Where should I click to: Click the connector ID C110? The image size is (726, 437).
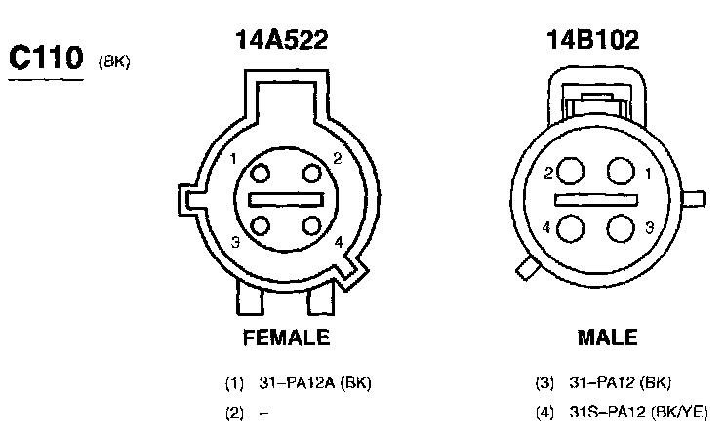click(46, 58)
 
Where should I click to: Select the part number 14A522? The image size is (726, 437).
click(281, 39)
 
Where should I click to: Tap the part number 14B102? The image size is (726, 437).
click(593, 39)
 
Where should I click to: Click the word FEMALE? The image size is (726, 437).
click(286, 338)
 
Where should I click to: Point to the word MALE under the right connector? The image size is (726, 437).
click(608, 338)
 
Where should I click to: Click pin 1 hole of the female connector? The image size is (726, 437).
click(261, 174)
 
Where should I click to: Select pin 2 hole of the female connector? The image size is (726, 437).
click(311, 174)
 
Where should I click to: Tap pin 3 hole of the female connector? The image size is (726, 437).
click(261, 226)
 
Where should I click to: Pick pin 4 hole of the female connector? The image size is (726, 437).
click(311, 226)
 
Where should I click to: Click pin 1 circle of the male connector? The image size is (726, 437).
click(621, 171)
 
